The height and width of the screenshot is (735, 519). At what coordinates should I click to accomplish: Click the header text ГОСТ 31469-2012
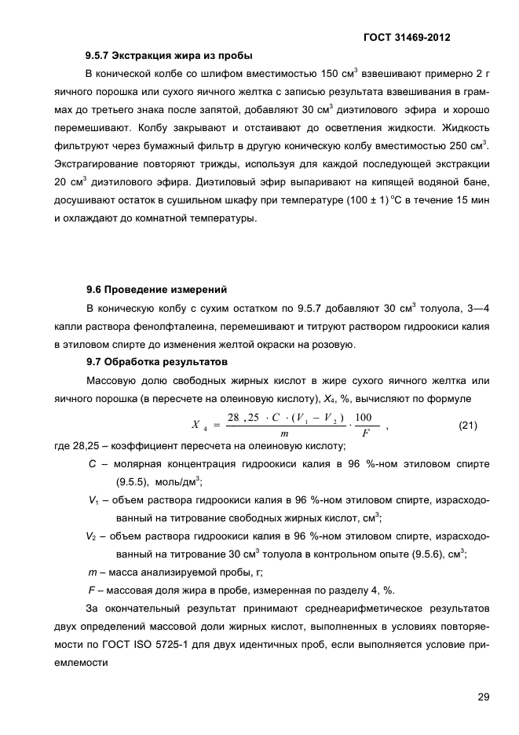point(407,37)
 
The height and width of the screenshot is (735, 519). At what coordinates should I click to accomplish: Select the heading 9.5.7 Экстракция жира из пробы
point(169,56)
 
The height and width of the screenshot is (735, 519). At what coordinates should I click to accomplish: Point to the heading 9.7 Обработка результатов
point(156,362)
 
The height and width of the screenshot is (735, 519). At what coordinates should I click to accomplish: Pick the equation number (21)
point(470,425)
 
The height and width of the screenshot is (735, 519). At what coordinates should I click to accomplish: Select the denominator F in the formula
point(364,433)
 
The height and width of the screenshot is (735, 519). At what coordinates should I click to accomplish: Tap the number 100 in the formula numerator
point(364,417)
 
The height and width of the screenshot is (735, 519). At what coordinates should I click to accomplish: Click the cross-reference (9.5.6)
point(426,554)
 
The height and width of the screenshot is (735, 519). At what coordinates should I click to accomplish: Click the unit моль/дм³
point(178,481)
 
